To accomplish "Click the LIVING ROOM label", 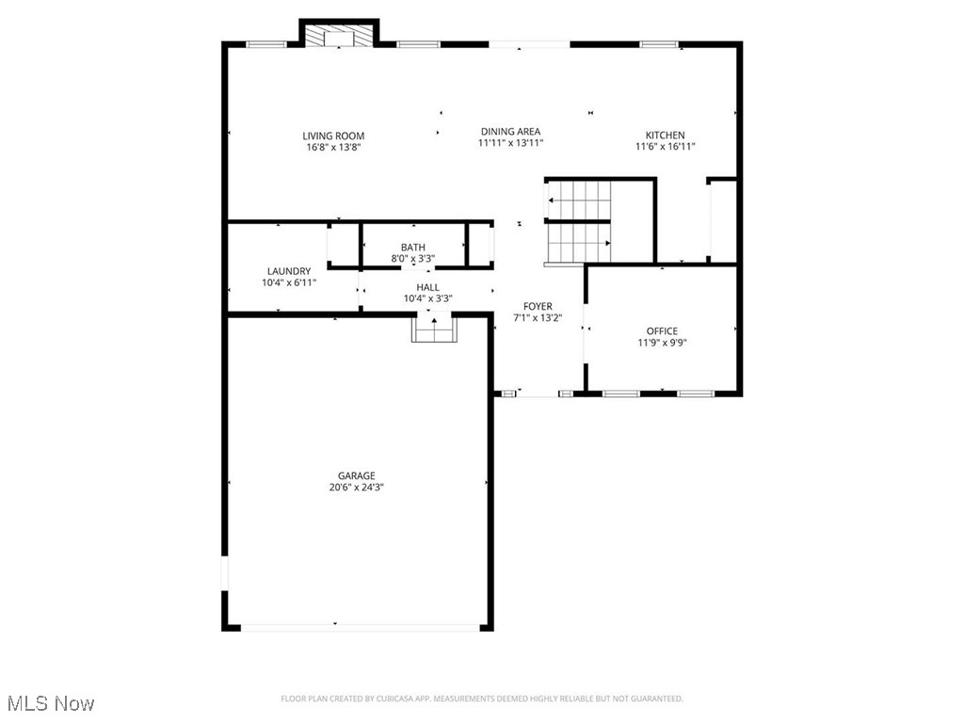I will point(333,136).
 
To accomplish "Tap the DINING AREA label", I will point(510,132).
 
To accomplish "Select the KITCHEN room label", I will point(665,135).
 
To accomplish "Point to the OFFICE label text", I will point(661,330).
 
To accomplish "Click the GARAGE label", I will point(357,475).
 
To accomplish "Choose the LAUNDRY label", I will point(288,271).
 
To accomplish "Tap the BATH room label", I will point(412,248).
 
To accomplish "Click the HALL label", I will point(427,287).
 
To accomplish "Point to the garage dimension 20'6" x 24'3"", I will point(357,488).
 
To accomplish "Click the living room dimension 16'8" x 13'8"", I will point(333,147).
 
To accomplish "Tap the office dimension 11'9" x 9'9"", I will point(661,343).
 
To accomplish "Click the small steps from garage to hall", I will point(434,329).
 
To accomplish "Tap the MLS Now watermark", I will point(50,703).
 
